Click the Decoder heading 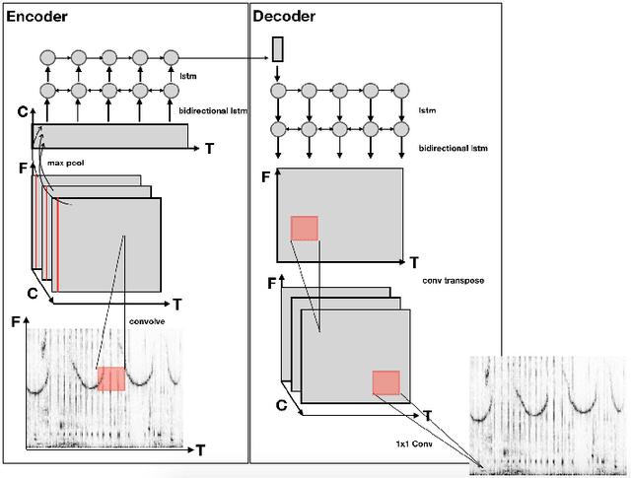click(x=286, y=17)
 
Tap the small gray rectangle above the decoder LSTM click(x=277, y=48)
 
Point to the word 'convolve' click(x=147, y=319)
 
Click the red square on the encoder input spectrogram click(x=111, y=379)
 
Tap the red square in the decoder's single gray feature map click(x=305, y=229)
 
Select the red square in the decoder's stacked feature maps click(x=385, y=383)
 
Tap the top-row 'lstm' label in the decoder click(x=427, y=111)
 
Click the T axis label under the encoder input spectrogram click(x=200, y=450)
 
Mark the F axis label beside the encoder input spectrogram click(x=14, y=321)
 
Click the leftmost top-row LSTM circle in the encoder click(x=47, y=56)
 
